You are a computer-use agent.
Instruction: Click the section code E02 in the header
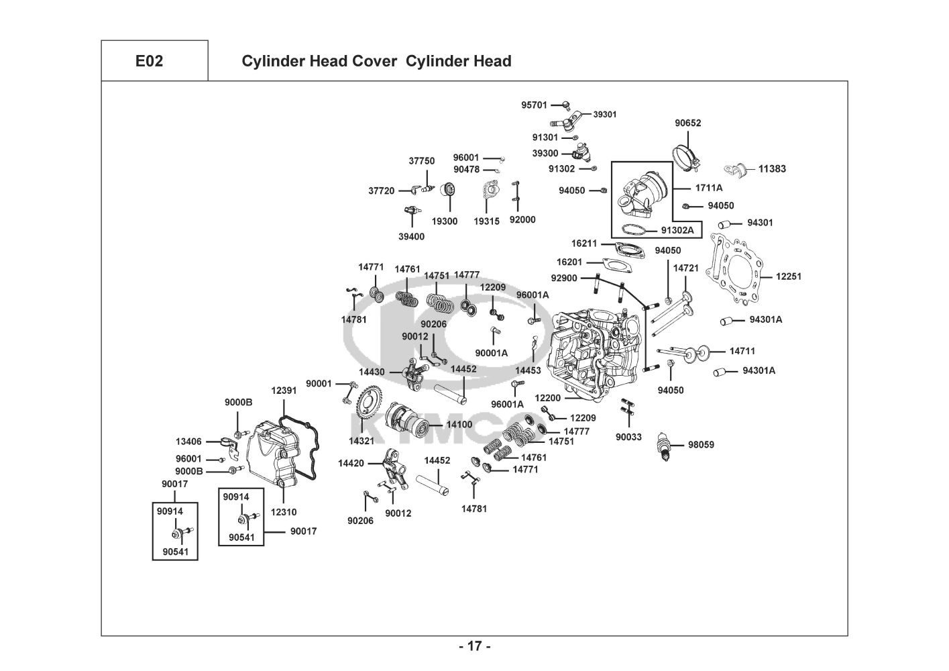click(149, 61)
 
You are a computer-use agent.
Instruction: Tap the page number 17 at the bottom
click(474, 647)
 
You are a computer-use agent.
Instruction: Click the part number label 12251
click(788, 276)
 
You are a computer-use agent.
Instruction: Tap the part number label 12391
click(284, 391)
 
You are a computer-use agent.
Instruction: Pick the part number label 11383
click(772, 169)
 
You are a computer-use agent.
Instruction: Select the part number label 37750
click(422, 161)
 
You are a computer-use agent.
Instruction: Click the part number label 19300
click(445, 221)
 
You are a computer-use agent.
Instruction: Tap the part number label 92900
click(563, 278)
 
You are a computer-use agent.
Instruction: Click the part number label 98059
click(701, 444)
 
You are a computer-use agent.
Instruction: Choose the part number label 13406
click(188, 442)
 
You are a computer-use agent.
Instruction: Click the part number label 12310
click(284, 512)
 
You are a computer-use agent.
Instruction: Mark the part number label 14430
click(372, 372)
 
